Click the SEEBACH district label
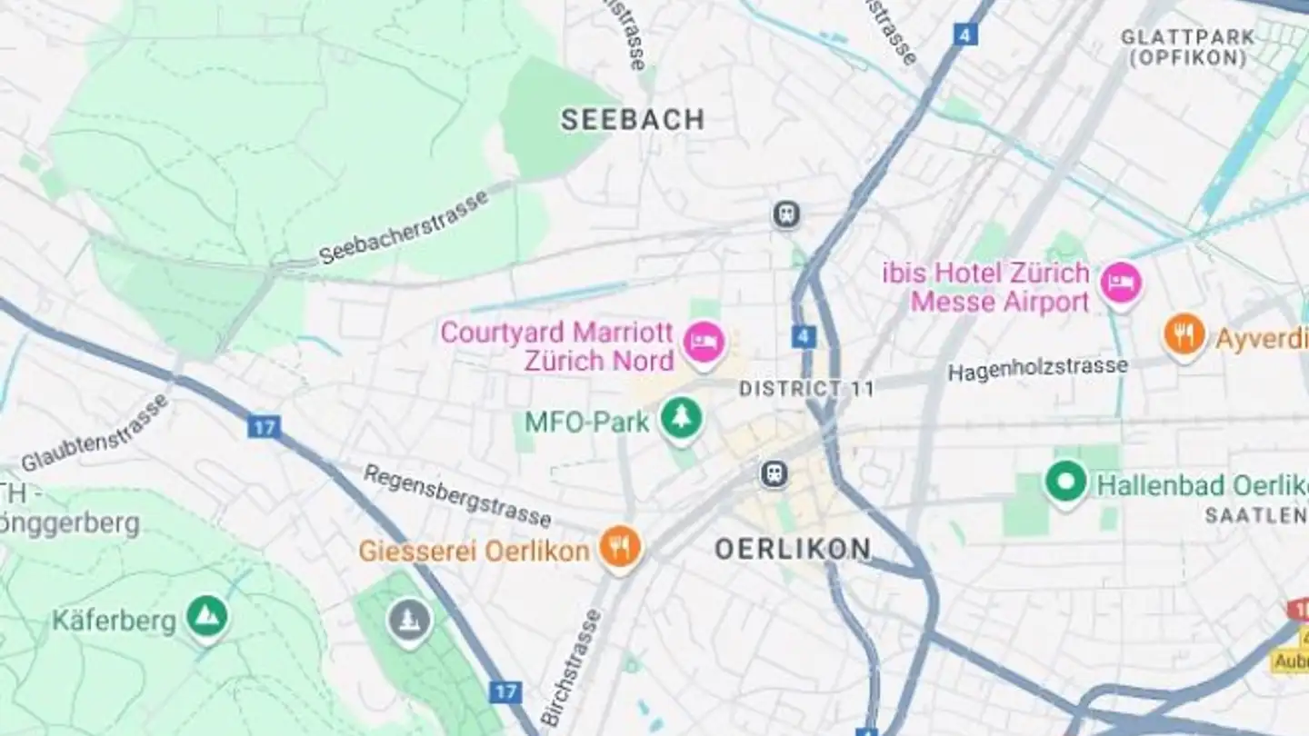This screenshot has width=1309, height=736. click(x=632, y=120)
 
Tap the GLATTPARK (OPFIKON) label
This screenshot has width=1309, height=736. click(x=1187, y=47)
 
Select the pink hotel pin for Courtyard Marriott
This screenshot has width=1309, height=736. click(x=704, y=343)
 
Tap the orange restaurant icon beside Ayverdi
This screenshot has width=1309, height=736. click(x=1184, y=335)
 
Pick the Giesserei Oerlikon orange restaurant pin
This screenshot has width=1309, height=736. click(x=621, y=547)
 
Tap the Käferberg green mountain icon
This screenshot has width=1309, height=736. click(x=207, y=617)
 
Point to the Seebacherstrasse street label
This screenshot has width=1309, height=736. click(x=404, y=227)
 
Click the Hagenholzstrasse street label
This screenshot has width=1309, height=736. click(x=1037, y=368)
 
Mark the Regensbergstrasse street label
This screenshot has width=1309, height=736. click(x=456, y=495)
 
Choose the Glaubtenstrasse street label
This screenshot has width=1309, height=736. click(x=95, y=433)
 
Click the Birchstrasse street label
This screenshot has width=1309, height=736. click(x=571, y=668)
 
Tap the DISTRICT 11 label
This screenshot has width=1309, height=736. click(x=806, y=389)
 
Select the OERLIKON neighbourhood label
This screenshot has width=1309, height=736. click(x=792, y=549)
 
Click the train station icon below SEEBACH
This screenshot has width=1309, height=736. click(x=786, y=214)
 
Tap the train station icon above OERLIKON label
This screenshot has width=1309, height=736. click(x=774, y=473)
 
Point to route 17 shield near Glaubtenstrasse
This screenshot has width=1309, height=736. click(x=264, y=426)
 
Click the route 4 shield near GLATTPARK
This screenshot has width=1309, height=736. click(x=965, y=35)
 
